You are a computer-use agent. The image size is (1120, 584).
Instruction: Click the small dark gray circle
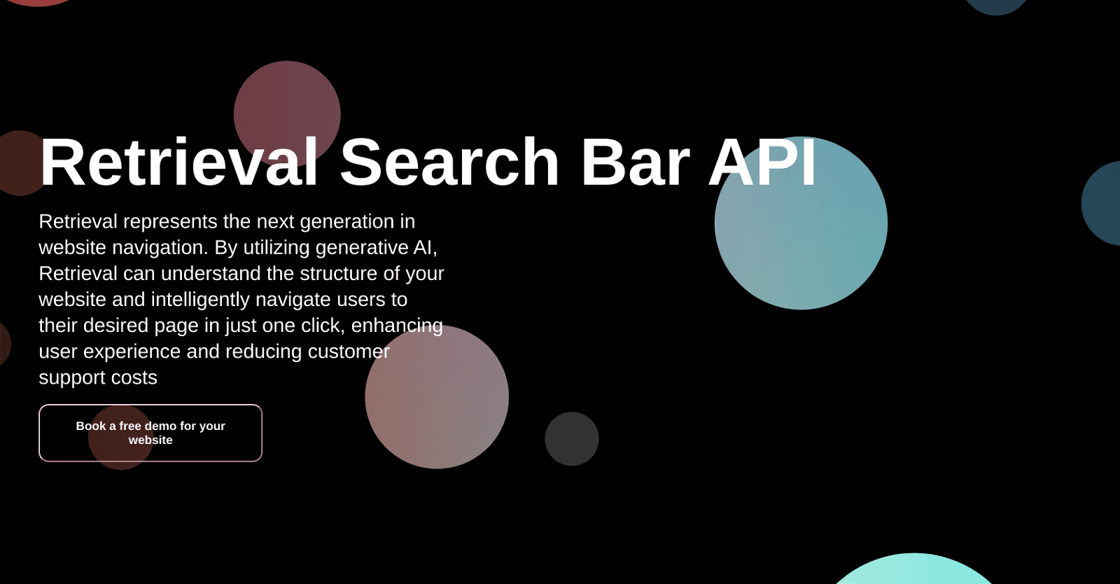(571, 438)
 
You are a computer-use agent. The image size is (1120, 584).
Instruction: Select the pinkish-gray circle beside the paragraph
(437, 397)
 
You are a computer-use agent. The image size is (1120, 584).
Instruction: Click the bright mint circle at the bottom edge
(914, 570)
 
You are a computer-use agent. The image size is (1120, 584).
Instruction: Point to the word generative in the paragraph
(361, 248)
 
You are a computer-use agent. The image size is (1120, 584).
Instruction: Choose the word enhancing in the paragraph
(397, 326)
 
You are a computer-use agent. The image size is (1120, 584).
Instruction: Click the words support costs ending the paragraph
(98, 378)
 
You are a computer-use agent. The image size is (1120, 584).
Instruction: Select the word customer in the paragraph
(349, 352)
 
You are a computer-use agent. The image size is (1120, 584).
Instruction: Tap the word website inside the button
(150, 440)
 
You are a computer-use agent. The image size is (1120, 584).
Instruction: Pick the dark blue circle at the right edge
(1101, 203)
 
